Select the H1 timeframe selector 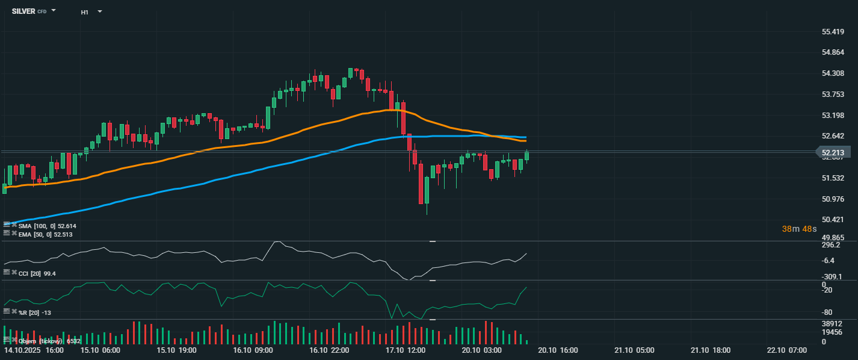[x=85, y=11]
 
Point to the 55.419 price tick [x=833, y=31]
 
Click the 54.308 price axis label [x=833, y=73]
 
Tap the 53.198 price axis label [x=833, y=115]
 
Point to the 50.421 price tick [x=833, y=219]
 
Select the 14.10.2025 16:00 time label [x=34, y=350]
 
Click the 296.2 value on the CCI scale [x=831, y=245]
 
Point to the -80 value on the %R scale [x=828, y=312]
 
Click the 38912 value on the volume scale [x=832, y=323]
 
